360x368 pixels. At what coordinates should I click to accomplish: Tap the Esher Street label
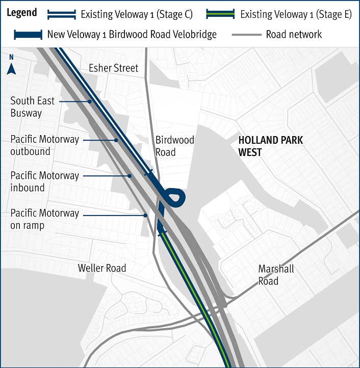click(x=113, y=68)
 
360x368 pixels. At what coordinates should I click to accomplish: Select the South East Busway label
click(x=32, y=107)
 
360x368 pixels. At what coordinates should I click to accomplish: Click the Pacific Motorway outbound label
click(x=44, y=145)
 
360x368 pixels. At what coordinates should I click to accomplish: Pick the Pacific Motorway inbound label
click(x=44, y=181)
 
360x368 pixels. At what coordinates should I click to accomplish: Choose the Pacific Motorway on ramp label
click(x=44, y=219)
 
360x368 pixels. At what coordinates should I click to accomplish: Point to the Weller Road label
click(x=102, y=268)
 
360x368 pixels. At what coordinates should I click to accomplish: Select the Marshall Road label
click(x=276, y=275)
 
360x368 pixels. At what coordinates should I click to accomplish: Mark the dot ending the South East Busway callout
click(x=90, y=101)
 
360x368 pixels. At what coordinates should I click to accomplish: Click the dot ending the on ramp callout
click(x=146, y=215)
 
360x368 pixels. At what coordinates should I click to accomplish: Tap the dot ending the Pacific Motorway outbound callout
click(x=117, y=140)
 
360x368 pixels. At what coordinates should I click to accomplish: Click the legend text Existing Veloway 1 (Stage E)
click(x=296, y=14)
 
